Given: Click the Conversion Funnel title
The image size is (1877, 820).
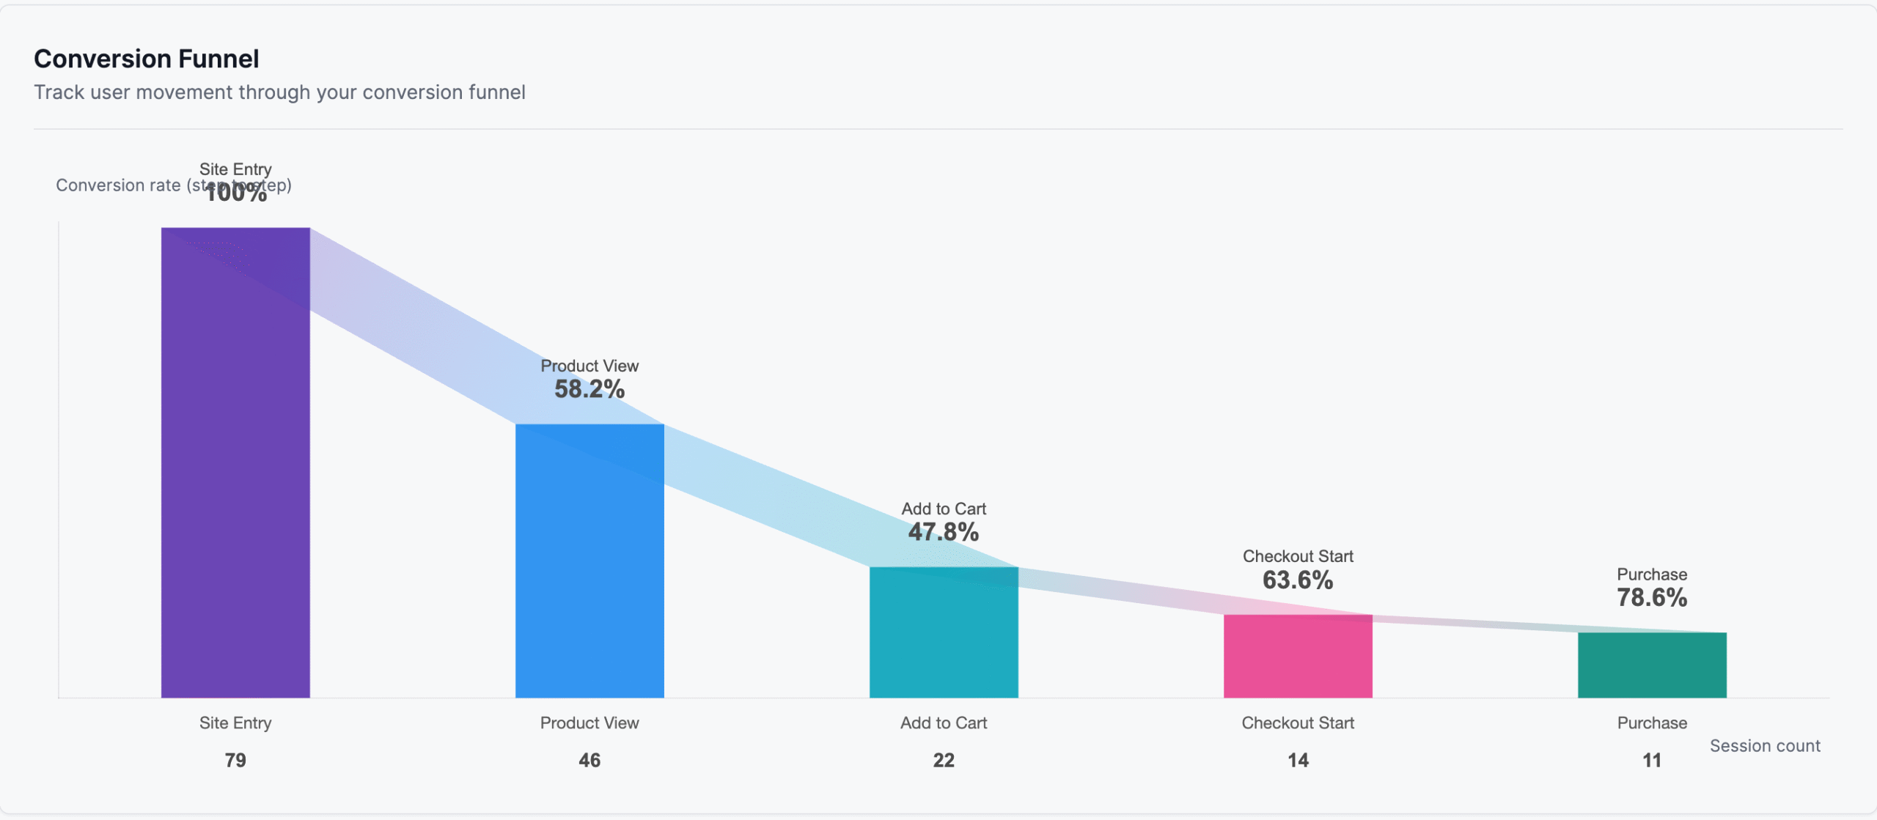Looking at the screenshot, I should click(x=146, y=59).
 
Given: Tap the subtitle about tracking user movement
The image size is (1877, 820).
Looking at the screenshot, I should click(x=279, y=92).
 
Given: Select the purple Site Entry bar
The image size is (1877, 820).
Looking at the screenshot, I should click(x=235, y=462).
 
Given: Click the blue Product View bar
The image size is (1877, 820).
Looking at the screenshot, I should click(x=589, y=561).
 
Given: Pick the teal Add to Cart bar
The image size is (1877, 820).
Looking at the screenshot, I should click(x=944, y=632).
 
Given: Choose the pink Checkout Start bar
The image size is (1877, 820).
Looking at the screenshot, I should click(x=1298, y=656).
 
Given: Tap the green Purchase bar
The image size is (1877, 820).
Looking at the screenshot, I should click(x=1652, y=665).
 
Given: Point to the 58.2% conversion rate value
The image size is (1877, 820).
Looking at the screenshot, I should click(x=589, y=389).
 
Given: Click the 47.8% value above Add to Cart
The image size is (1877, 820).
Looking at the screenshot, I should click(x=944, y=532).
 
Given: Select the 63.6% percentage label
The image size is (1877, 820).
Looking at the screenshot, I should click(x=1298, y=580).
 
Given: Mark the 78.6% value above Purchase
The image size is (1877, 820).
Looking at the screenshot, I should click(x=1652, y=598).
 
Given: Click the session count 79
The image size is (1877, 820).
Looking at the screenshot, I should click(x=235, y=760).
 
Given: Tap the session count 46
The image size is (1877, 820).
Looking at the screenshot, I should click(x=589, y=760).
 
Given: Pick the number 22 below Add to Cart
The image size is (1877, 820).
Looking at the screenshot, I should click(x=944, y=760).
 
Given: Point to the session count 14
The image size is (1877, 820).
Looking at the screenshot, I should click(x=1298, y=760).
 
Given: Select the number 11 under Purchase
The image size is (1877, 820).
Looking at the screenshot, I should click(x=1652, y=760).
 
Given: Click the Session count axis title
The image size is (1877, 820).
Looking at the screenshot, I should click(x=1765, y=746).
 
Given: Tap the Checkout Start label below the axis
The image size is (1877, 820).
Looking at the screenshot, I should click(x=1298, y=723).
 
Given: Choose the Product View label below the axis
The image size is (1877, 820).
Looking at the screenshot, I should click(x=589, y=723).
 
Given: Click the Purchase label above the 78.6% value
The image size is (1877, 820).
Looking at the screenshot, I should click(x=1652, y=575).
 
